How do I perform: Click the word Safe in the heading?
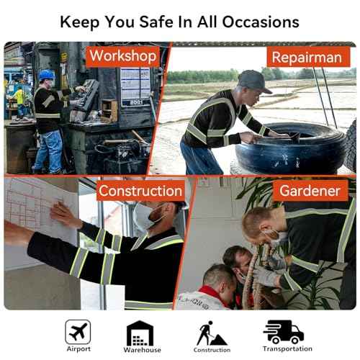tap(156, 22)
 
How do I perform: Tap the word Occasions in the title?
tap(261, 22)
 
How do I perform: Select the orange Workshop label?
tap(123, 56)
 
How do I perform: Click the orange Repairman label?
tap(308, 57)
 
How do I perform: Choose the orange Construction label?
tap(140, 191)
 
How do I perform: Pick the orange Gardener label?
tap(310, 191)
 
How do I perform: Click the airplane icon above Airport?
tap(78, 332)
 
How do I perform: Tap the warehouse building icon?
tap(140, 333)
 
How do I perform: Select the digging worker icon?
tap(211, 333)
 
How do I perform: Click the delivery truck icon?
tap(284, 332)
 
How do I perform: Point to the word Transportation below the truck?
tap(287, 348)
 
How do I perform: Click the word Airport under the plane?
tap(78, 349)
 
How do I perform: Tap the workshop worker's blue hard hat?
tap(47, 75)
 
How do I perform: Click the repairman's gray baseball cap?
tap(254, 81)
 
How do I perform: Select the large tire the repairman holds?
tap(290, 148)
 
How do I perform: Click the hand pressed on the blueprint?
tap(64, 215)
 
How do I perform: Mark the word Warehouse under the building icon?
tap(143, 350)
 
